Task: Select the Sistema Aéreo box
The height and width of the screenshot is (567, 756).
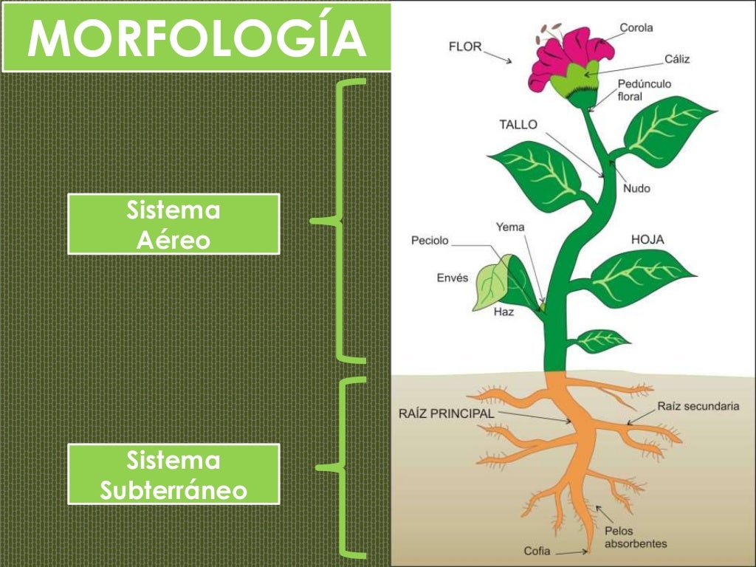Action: pyautogui.click(x=173, y=224)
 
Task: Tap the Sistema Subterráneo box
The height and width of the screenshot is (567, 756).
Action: pyautogui.click(x=173, y=474)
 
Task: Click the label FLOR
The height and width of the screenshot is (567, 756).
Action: pyautogui.click(x=465, y=47)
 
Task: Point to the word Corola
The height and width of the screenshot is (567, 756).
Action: pyautogui.click(x=636, y=28)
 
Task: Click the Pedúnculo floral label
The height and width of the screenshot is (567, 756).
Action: pyautogui.click(x=644, y=90)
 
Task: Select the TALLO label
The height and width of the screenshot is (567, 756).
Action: pyautogui.click(x=518, y=125)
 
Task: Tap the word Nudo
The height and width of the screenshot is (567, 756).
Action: pyautogui.click(x=636, y=188)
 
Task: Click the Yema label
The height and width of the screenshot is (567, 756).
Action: pyautogui.click(x=509, y=227)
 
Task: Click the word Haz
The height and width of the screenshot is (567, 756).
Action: pyautogui.click(x=504, y=312)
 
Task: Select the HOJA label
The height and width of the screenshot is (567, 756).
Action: pyautogui.click(x=647, y=239)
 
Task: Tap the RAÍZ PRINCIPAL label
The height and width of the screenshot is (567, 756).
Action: pyautogui.click(x=446, y=414)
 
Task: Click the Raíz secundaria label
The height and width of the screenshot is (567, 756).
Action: pyautogui.click(x=698, y=406)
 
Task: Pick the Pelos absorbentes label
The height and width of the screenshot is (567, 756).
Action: pyautogui.click(x=635, y=537)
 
